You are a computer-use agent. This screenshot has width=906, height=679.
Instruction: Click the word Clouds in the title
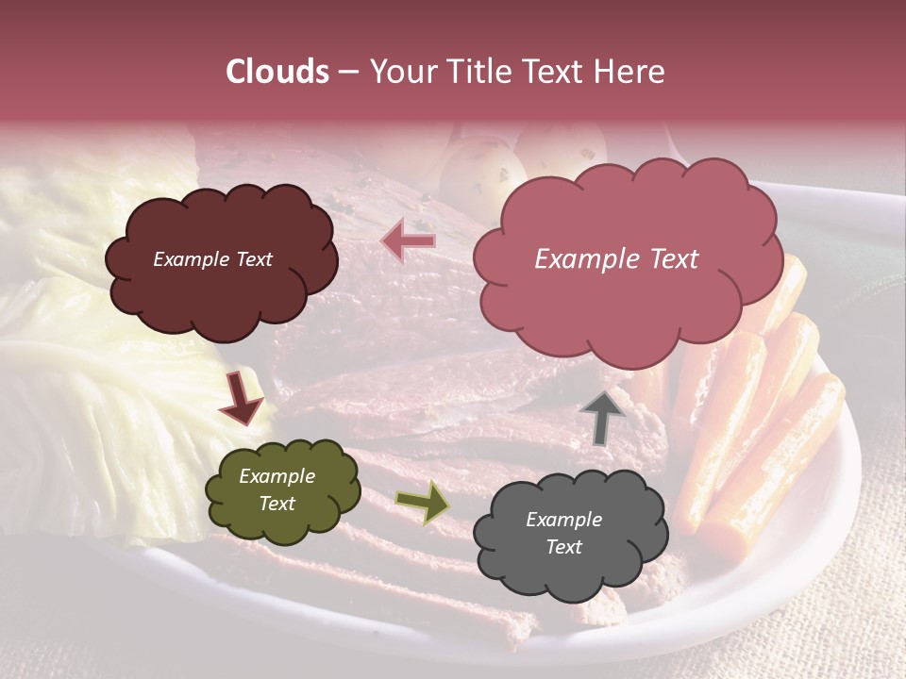pyautogui.click(x=277, y=72)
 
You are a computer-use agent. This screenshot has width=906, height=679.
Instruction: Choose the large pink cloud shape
pyautogui.click(x=627, y=302)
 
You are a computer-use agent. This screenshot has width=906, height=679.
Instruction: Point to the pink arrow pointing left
pyautogui.click(x=408, y=241)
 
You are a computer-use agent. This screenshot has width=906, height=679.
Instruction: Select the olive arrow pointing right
pyautogui.click(x=422, y=503)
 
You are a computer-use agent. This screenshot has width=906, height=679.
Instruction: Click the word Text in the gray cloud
pyautogui.click(x=564, y=547)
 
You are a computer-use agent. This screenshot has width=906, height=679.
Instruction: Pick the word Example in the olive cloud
pyautogui.click(x=277, y=476)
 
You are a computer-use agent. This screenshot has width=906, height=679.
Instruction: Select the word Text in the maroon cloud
pyautogui.click(x=251, y=259)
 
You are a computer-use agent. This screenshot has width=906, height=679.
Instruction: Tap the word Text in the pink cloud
pyautogui.click(x=671, y=259)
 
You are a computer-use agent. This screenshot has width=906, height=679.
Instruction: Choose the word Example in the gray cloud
pyautogui.click(x=564, y=520)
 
